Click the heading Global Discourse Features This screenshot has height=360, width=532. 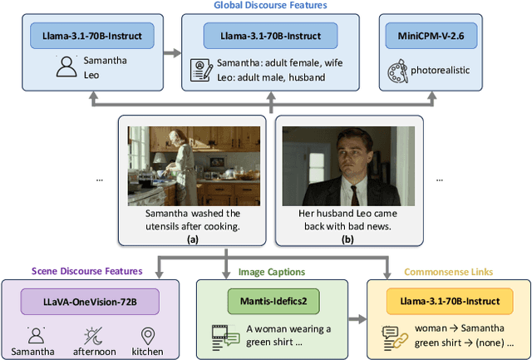[x=271, y=6]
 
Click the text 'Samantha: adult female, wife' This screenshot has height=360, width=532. [x=281, y=62]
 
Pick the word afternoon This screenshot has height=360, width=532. [x=92, y=352]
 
